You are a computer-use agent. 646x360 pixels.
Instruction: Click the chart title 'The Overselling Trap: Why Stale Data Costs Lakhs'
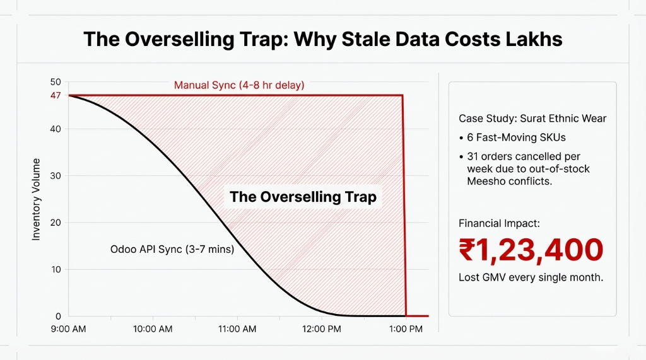point(322,39)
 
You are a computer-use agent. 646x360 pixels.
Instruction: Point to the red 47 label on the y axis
point(56,95)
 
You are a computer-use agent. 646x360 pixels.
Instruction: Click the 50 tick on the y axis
point(56,83)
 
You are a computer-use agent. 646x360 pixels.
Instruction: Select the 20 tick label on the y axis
point(56,223)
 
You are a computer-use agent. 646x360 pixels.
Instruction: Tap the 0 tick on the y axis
point(58,316)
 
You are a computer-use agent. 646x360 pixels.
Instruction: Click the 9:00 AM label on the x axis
point(68,330)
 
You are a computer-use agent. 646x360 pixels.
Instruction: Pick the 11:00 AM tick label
point(237,330)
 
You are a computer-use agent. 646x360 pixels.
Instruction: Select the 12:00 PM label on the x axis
point(321,330)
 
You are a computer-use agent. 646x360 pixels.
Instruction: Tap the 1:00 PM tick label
point(406,330)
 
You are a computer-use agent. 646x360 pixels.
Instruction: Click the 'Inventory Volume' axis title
point(36,199)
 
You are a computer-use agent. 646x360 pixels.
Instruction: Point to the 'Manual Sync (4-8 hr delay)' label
point(239,85)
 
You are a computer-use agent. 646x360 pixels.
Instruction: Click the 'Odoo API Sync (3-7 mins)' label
point(172,250)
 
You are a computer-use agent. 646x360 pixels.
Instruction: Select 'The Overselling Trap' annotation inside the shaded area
point(303,197)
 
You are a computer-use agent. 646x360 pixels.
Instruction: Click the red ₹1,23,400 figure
point(531,250)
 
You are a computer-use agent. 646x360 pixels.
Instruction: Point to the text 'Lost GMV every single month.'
point(531,277)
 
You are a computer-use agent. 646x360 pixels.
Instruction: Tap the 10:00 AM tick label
point(153,330)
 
